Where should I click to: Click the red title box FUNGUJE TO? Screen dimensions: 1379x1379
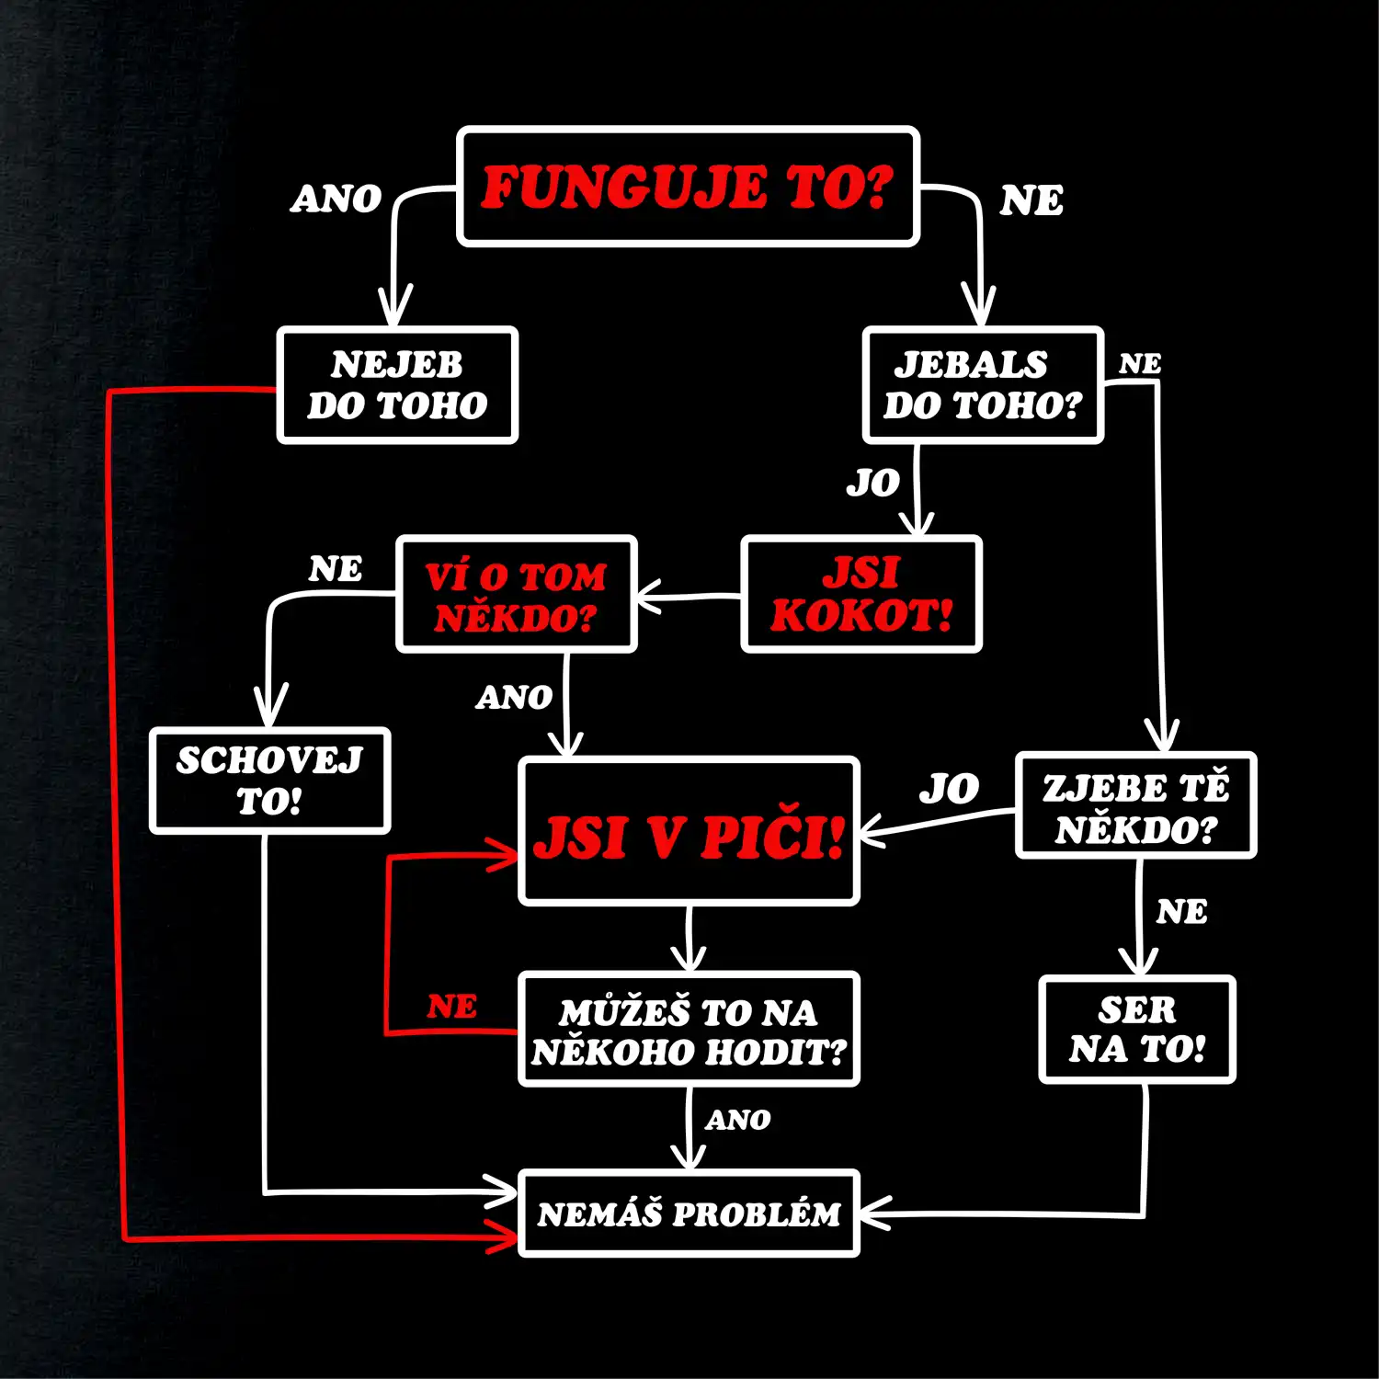pyautogui.click(x=689, y=187)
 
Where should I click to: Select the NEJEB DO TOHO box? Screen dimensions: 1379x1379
pyautogui.click(x=397, y=385)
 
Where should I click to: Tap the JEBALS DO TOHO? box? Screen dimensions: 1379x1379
pyautogui.click(x=983, y=385)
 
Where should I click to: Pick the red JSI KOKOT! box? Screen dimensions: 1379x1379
pyautogui.click(x=861, y=595)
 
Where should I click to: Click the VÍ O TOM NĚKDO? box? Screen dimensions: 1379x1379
pyautogui.click(x=517, y=595)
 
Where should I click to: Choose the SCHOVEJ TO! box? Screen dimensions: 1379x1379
pyautogui.click(x=270, y=781)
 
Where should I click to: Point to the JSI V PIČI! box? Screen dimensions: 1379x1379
pyautogui.click(x=689, y=831)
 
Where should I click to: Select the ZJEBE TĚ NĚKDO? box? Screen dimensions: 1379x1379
pyautogui.click(x=1135, y=805)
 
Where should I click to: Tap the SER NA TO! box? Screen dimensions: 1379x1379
pyautogui.click(x=1137, y=1030)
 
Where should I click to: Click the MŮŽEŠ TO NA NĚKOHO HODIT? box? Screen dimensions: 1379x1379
pyautogui.click(x=689, y=1030)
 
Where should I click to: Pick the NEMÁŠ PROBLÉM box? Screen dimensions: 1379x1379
pyautogui.click(x=689, y=1214)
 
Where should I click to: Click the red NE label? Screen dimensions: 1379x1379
pyautogui.click(x=451, y=1007)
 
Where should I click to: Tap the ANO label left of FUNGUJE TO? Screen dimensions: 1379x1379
pyautogui.click(x=336, y=199)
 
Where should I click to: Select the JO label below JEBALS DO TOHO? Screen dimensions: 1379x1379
pyautogui.click(x=872, y=483)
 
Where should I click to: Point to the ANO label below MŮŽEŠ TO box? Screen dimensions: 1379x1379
pyautogui.click(x=738, y=1120)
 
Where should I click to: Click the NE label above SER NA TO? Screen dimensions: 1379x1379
pyautogui.click(x=1181, y=912)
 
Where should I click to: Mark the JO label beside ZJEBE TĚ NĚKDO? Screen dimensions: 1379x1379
pyautogui.click(x=949, y=789)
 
